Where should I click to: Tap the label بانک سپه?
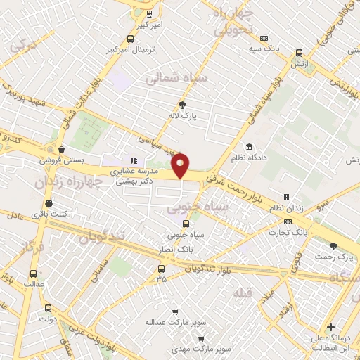[x=264, y=49]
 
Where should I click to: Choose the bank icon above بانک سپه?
[x=264, y=38]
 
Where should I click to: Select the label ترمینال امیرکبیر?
[x=130, y=51]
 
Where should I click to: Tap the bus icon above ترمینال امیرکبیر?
[x=130, y=39]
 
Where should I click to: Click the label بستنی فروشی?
[x=62, y=160]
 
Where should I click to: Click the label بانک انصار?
[x=176, y=247]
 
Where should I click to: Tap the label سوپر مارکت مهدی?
[x=184, y=349]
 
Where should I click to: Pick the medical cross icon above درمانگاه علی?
[x=330, y=328]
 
